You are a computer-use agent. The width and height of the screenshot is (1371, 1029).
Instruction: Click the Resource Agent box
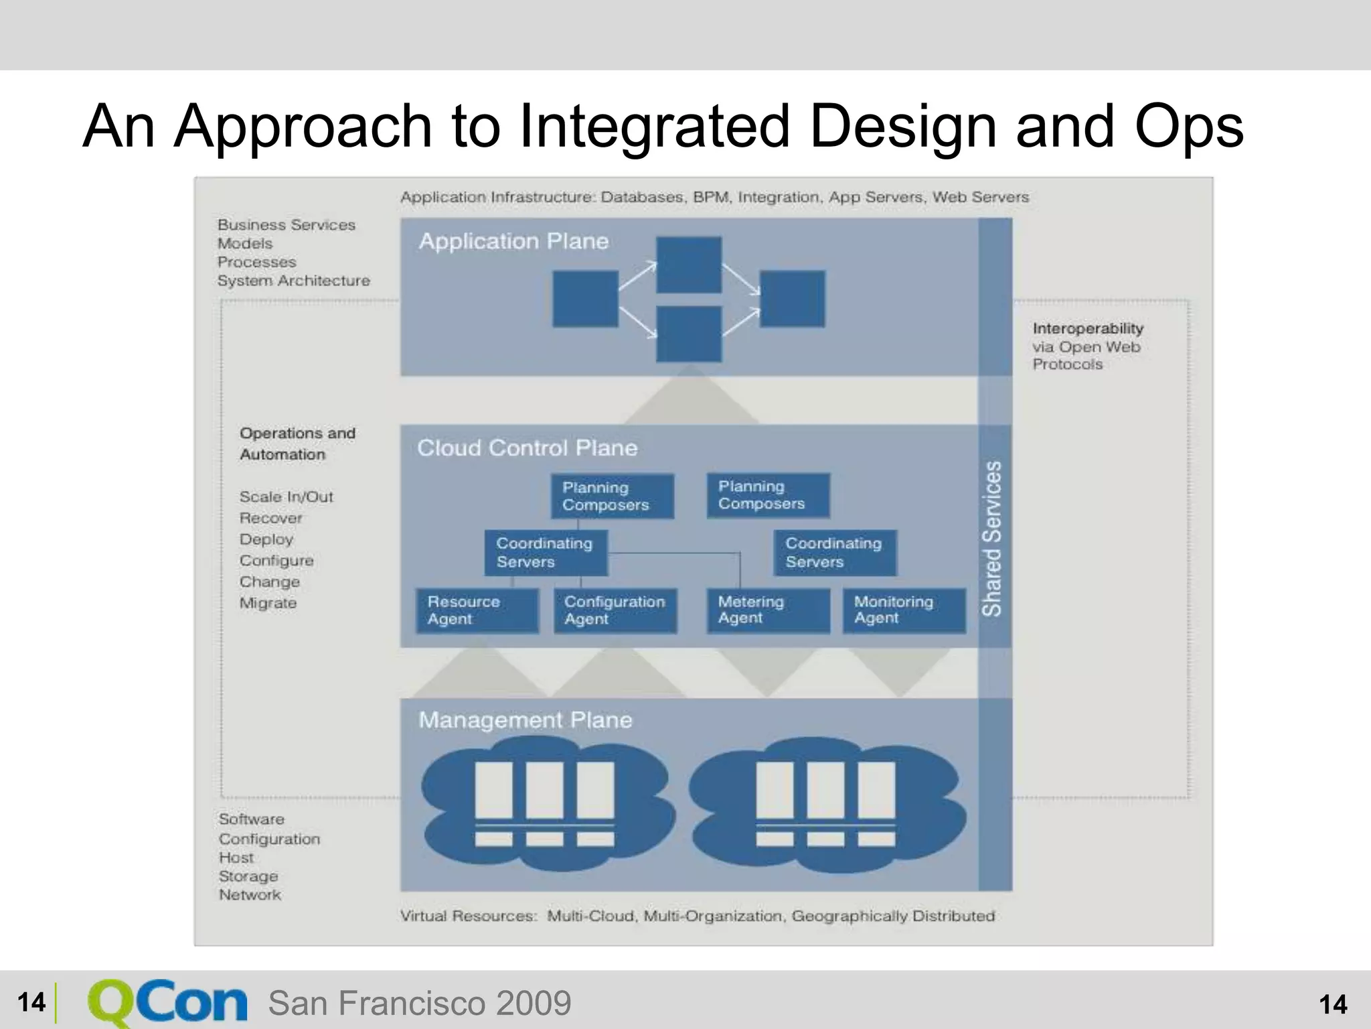click(x=477, y=610)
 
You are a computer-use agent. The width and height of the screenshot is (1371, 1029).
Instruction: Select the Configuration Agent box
click(x=615, y=610)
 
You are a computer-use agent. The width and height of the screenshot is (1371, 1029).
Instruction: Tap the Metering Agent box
click(x=768, y=610)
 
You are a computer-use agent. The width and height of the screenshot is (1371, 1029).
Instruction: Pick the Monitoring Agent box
click(x=904, y=610)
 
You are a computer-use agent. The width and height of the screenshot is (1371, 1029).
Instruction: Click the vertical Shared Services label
click(x=992, y=539)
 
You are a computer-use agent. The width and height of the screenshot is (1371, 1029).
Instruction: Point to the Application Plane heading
click(x=513, y=241)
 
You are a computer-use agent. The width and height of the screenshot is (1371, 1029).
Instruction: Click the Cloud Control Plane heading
click(x=527, y=448)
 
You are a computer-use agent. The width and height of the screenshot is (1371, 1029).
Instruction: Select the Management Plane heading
click(x=525, y=720)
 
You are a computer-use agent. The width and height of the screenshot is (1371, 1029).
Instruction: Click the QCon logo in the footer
click(x=167, y=1003)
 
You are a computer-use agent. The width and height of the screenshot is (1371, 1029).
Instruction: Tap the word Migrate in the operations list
click(x=268, y=603)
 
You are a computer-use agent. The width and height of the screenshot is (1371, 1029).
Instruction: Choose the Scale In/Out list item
click(x=286, y=497)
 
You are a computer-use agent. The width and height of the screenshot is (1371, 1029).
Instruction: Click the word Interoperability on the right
click(x=1088, y=328)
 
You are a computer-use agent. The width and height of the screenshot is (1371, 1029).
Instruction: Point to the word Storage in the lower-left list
click(x=248, y=876)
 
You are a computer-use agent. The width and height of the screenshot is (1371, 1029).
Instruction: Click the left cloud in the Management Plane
click(x=546, y=804)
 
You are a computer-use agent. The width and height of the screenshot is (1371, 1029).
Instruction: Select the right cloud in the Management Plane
click(x=827, y=804)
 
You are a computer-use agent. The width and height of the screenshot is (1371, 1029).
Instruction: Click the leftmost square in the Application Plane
click(x=585, y=299)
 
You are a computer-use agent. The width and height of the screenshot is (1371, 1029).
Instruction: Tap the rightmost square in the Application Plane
click(x=792, y=299)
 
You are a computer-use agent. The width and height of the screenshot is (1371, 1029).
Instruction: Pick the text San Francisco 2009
click(x=420, y=1004)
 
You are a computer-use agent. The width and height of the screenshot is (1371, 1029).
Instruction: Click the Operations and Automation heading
click(x=297, y=443)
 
